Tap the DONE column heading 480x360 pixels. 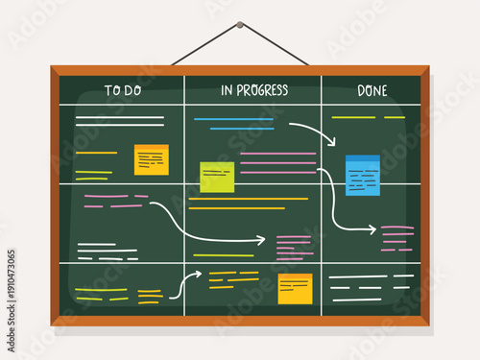372,90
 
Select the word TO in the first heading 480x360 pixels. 111,90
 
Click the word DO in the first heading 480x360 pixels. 133,90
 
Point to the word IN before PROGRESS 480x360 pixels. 228,90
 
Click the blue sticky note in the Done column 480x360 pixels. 363,176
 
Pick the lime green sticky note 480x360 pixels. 217,177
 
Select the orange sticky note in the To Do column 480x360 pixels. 152,159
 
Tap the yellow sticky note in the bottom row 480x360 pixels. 295,288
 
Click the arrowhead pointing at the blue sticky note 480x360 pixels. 331,142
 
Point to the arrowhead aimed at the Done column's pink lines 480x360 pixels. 372,229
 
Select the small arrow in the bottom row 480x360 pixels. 185,281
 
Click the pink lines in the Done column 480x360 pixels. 396,238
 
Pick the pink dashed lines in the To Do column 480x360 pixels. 113,201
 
